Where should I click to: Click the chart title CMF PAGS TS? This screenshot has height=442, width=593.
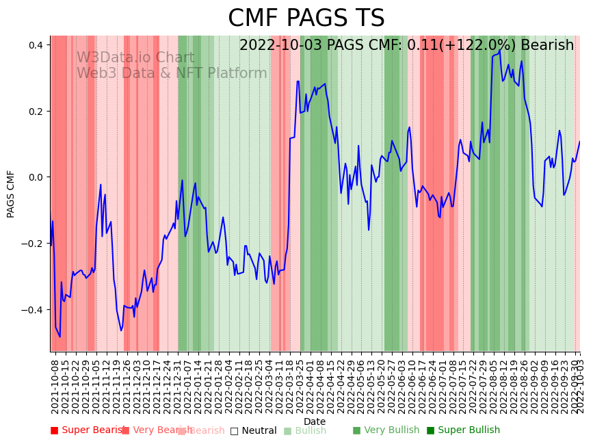pyautogui.click(x=306, y=18)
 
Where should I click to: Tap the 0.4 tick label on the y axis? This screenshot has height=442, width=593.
pyautogui.click(x=34, y=45)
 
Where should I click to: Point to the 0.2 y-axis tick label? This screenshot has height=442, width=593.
pyautogui.click(x=34, y=112)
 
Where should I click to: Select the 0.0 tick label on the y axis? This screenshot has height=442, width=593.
pyautogui.click(x=34, y=177)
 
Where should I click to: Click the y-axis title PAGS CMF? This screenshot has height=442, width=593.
pyautogui.click(x=11, y=194)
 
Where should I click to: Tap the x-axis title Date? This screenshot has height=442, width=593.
pyautogui.click(x=315, y=421)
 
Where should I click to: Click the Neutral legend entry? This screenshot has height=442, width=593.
pyautogui.click(x=254, y=430)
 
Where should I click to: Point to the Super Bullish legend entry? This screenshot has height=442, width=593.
pyautogui.click(x=464, y=430)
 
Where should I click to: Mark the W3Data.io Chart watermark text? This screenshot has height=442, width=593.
pyautogui.click(x=135, y=58)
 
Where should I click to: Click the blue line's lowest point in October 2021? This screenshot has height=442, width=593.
pyautogui.click(x=60, y=337)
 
